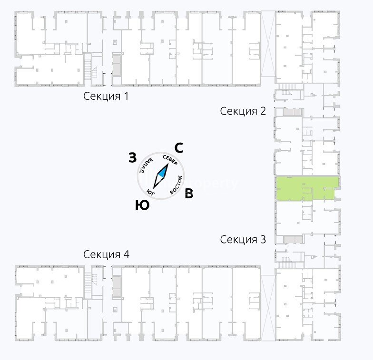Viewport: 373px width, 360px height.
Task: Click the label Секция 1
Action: tap(106, 97)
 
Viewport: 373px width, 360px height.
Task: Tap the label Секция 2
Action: tap(243, 111)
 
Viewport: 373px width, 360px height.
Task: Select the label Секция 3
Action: tap(243, 240)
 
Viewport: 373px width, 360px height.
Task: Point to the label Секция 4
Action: tap(106, 254)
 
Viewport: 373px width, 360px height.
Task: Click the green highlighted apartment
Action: tap(306, 188)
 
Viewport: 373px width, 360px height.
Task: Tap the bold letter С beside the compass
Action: tap(179, 147)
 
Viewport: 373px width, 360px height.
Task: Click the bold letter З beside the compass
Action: tap(133, 158)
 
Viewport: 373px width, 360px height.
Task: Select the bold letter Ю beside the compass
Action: tap(142, 205)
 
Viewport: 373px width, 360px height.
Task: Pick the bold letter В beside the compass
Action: tap(189, 194)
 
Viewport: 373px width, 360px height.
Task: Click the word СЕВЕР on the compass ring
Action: tap(170, 161)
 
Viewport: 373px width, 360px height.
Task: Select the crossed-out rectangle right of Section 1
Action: tap(268, 44)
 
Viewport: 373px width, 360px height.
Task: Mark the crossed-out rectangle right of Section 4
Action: tap(268, 308)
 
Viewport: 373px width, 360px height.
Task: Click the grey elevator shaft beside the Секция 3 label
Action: tap(292, 239)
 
